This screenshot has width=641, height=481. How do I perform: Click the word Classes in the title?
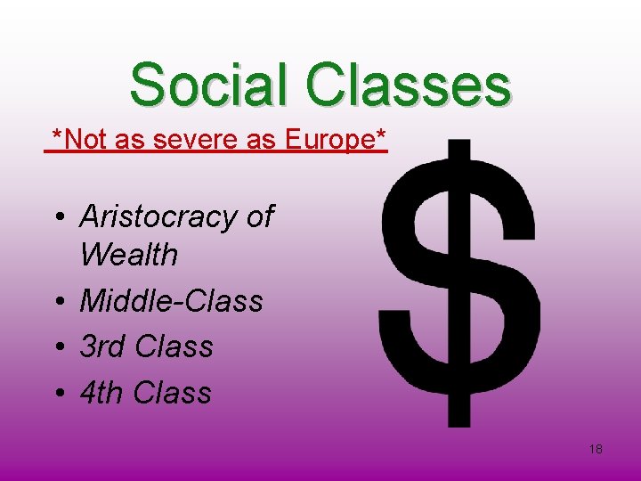click(x=409, y=85)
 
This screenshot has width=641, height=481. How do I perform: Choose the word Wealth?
click(x=128, y=256)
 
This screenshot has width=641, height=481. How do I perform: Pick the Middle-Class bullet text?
click(x=171, y=301)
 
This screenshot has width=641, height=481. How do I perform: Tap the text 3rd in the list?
click(x=103, y=346)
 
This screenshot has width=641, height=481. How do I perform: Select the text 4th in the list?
click(x=102, y=393)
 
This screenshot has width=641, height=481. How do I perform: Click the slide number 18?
click(x=596, y=449)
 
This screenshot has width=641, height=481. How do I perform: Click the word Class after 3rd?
click(x=174, y=346)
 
